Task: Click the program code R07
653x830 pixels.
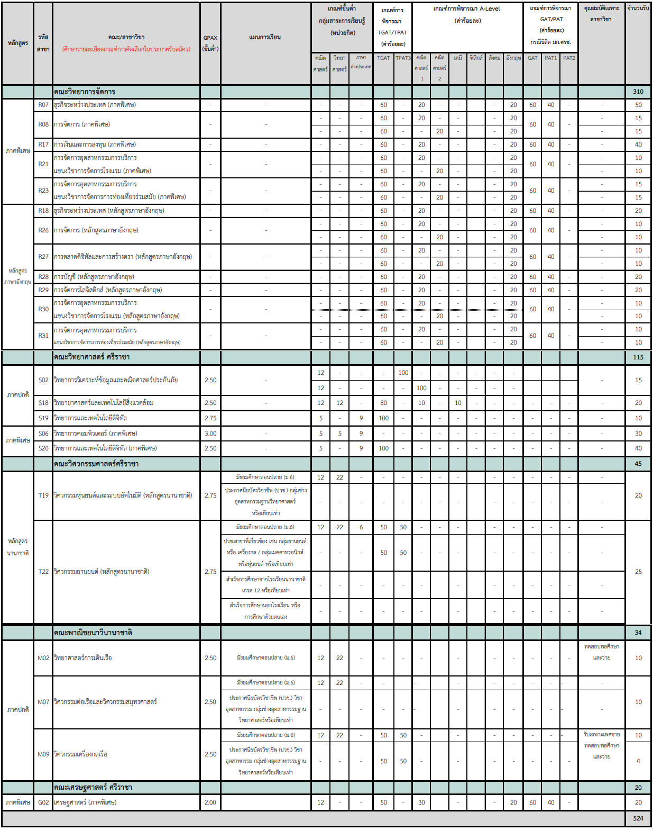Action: click(x=43, y=105)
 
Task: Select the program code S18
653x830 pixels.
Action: click(x=43, y=403)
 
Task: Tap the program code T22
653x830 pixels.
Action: click(x=43, y=572)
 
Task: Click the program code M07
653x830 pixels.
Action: click(x=43, y=702)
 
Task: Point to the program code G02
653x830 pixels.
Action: click(x=43, y=802)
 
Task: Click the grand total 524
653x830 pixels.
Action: click(x=638, y=818)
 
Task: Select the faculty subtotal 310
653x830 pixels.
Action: click(x=638, y=92)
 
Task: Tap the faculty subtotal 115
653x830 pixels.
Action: click(x=638, y=357)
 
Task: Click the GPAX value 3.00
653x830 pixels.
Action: click(x=210, y=434)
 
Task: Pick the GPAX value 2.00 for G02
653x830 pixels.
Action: click(x=210, y=802)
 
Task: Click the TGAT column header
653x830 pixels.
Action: click(x=383, y=58)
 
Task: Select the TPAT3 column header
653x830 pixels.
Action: click(x=403, y=58)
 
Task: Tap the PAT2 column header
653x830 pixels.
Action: click(x=569, y=58)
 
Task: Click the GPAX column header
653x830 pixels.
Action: click(x=210, y=43)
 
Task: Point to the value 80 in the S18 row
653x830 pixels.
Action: click(x=383, y=403)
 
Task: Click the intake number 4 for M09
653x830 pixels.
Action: click(x=638, y=761)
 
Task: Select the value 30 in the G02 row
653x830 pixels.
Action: click(x=421, y=802)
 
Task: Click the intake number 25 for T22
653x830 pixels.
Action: click(x=638, y=572)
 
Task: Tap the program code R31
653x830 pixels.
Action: click(x=43, y=336)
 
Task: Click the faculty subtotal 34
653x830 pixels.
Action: click(x=638, y=633)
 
